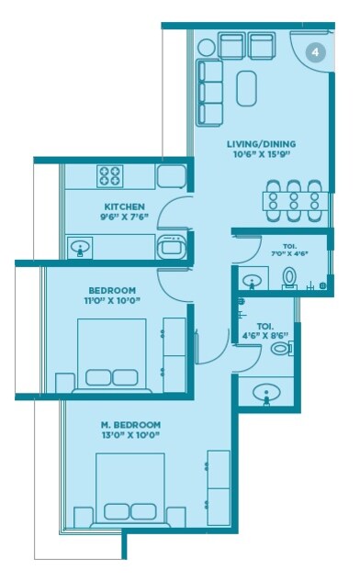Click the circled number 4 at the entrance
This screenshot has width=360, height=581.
[x=315, y=53]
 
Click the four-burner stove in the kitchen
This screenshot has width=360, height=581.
[x=111, y=175]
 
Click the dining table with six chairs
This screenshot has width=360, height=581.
[x=292, y=199]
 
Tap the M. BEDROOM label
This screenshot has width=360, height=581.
[x=129, y=425]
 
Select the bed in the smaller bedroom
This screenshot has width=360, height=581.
[x=111, y=353]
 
